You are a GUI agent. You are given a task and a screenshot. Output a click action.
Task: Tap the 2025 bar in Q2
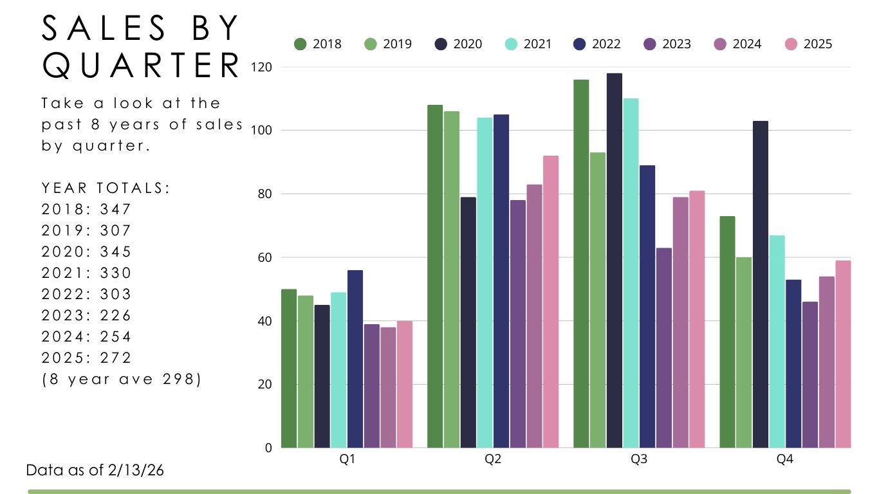coord(551,302)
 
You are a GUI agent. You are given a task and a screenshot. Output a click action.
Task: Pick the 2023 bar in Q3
coord(663,347)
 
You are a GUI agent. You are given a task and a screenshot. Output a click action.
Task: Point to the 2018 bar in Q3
coord(581,264)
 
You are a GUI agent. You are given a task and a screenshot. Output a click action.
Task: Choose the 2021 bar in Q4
coord(777,342)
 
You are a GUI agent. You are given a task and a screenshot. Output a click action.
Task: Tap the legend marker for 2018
coord(300,44)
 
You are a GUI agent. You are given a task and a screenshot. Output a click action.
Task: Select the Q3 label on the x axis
coord(639,460)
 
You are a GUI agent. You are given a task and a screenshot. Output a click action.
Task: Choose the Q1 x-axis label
coord(347,460)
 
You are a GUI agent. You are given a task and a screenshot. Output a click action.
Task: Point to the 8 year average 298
coord(176,380)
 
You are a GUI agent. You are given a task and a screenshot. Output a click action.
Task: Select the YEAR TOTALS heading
coord(106,188)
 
